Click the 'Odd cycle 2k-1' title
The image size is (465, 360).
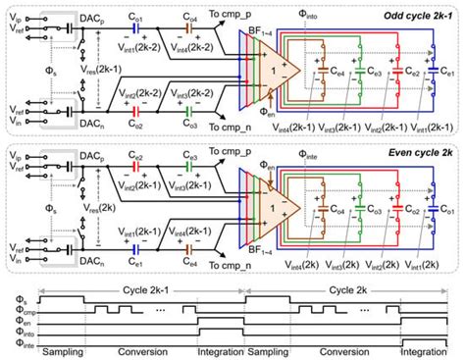click(x=411, y=11)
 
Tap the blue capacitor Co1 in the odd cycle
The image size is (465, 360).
click(x=138, y=28)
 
